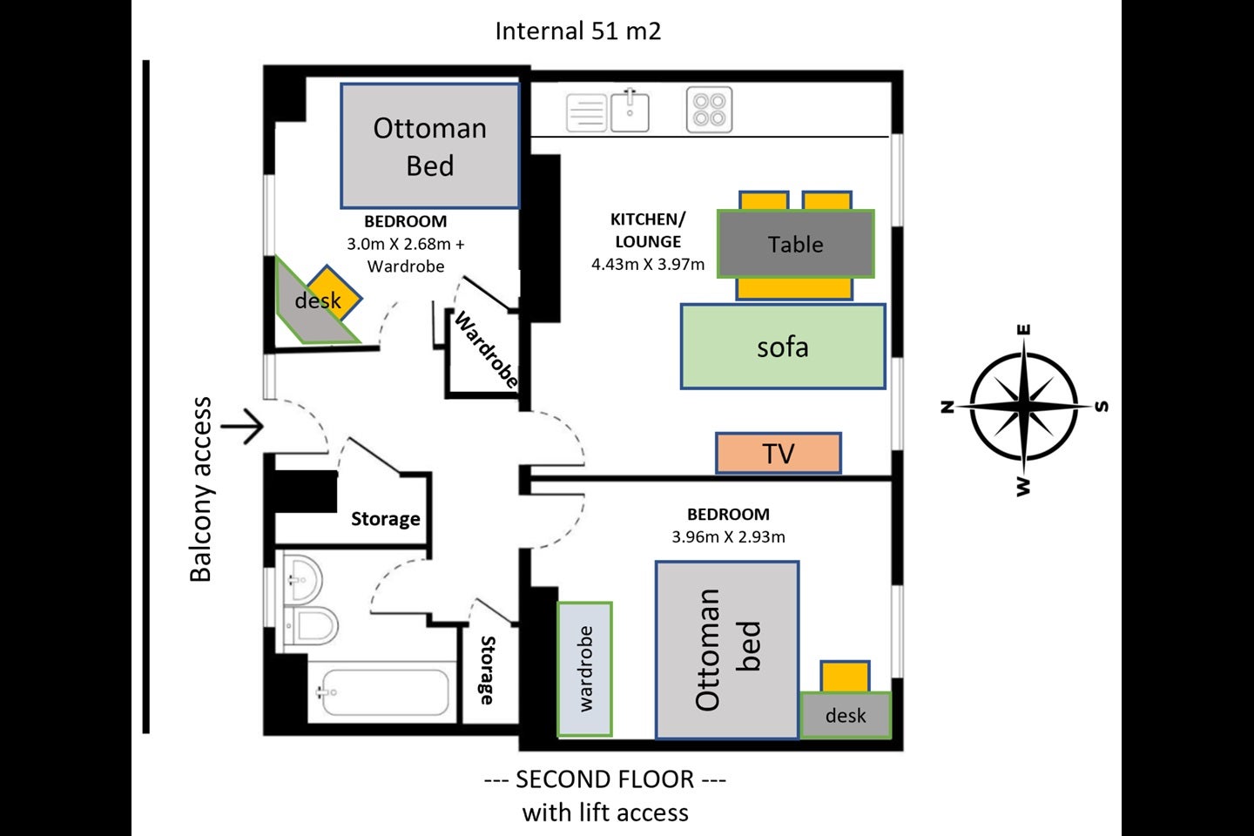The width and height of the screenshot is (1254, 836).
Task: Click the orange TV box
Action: pyautogui.click(x=779, y=453)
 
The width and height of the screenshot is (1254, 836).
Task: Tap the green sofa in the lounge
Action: pyautogui.click(x=783, y=347)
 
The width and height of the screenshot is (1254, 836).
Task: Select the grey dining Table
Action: pyautogui.click(x=796, y=244)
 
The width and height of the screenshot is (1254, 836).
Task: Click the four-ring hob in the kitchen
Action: pyautogui.click(x=709, y=110)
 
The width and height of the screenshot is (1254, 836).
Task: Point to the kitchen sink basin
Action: pyautogui.click(x=630, y=111)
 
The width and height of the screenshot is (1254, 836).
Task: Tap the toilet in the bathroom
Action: pyautogui.click(x=311, y=625)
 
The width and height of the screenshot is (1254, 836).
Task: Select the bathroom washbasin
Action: pyautogui.click(x=303, y=580)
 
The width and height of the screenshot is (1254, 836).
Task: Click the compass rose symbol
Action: pyautogui.click(x=1024, y=407)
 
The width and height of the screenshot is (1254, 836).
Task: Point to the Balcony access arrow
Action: pyautogui.click(x=242, y=427)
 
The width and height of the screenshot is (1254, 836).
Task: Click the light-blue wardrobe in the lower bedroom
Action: pyautogui.click(x=584, y=669)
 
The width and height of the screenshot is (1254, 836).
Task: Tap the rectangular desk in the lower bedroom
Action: pyautogui.click(x=846, y=715)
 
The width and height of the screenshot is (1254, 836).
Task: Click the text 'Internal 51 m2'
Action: pyautogui.click(x=578, y=30)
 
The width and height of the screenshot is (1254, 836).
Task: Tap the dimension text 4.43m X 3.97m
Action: pyautogui.click(x=648, y=264)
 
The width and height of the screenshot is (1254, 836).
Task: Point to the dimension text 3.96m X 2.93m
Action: pyautogui.click(x=728, y=536)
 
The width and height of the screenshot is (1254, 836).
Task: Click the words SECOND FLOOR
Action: pyautogui.click(x=604, y=779)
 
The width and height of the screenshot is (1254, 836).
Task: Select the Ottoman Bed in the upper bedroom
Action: pyautogui.click(x=430, y=146)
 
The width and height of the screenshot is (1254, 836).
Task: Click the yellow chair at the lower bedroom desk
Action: pyautogui.click(x=845, y=677)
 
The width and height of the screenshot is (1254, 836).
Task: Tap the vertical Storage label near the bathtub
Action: pyautogui.click(x=488, y=671)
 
